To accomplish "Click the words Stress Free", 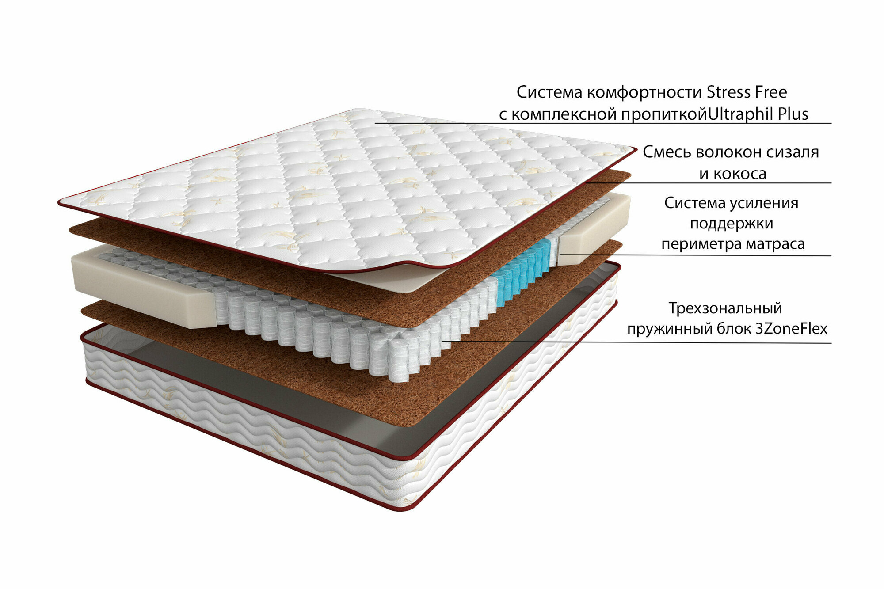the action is pos(747,92).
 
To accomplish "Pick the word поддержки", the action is pos(732,223).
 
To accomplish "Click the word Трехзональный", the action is pos(725,308).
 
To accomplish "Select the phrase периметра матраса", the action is pos(733,243).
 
